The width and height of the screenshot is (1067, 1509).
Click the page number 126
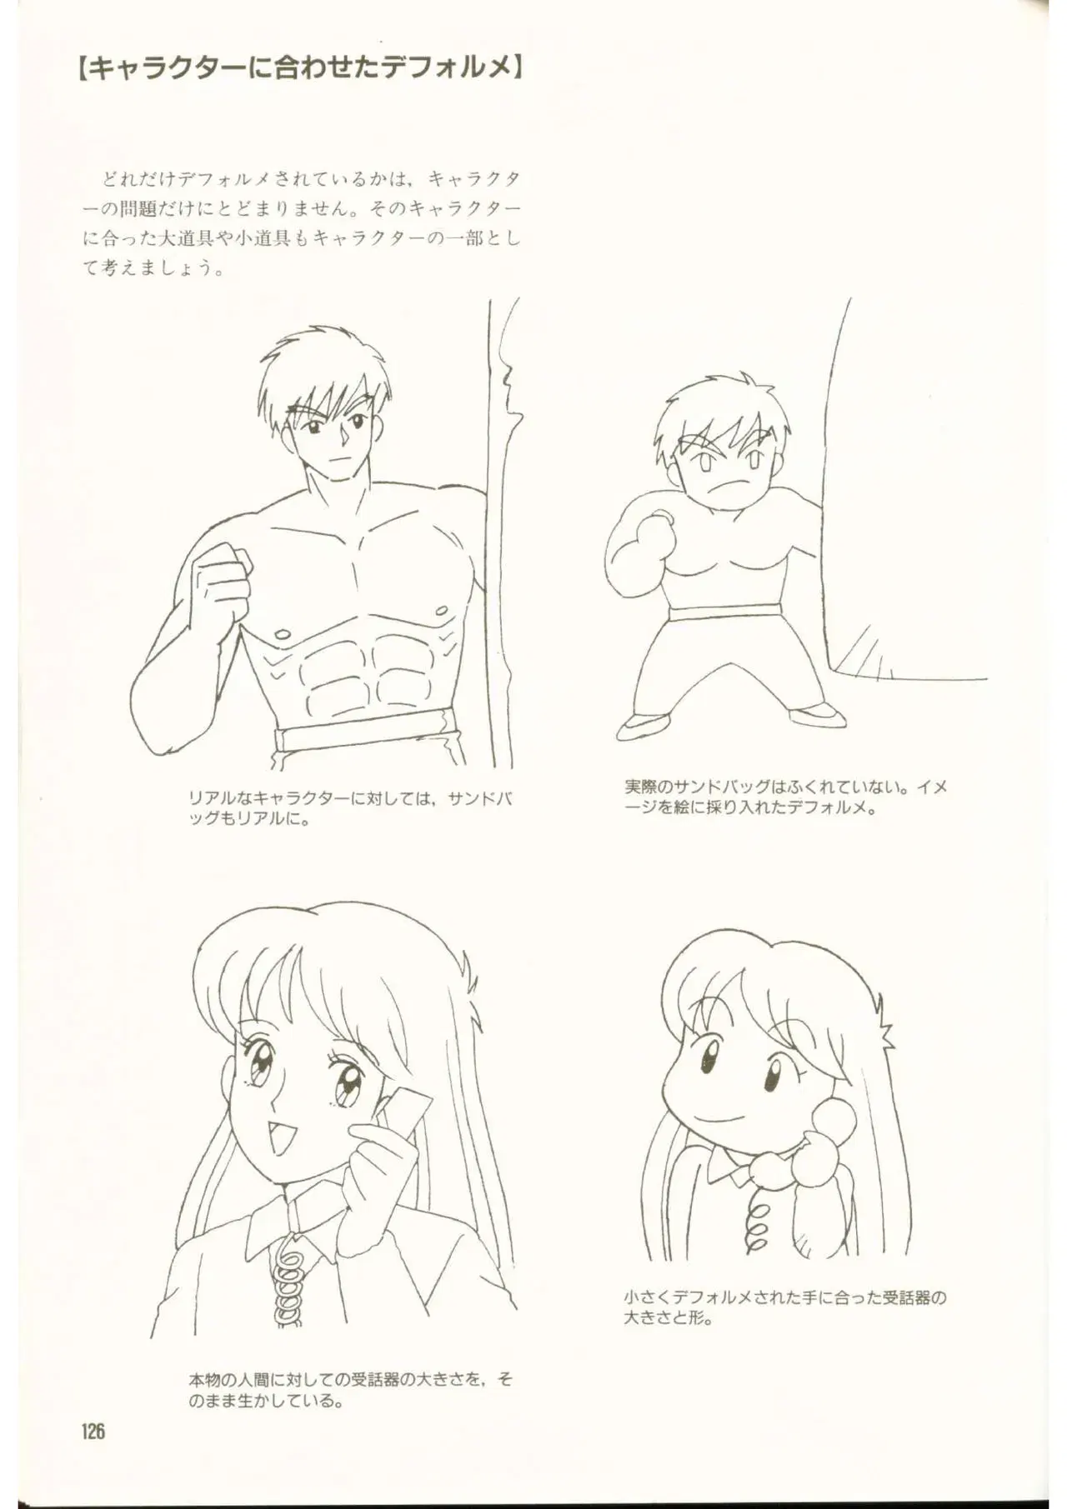[93, 1432]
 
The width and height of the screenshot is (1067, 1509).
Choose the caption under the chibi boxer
[785, 796]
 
